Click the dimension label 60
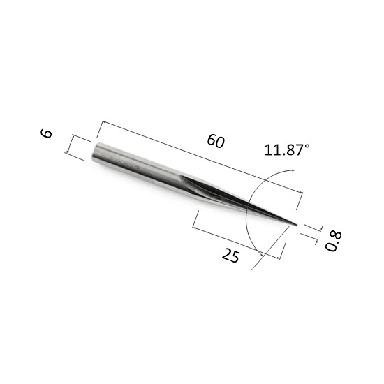pos(216,141)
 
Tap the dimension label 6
pos(46,133)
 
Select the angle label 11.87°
pos(287,149)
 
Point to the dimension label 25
pos(230,255)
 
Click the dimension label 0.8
pos(333,241)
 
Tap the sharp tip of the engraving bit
pos(297,225)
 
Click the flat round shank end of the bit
pos(94,152)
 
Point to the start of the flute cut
pos(182,175)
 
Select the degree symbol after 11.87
pos(307,146)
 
